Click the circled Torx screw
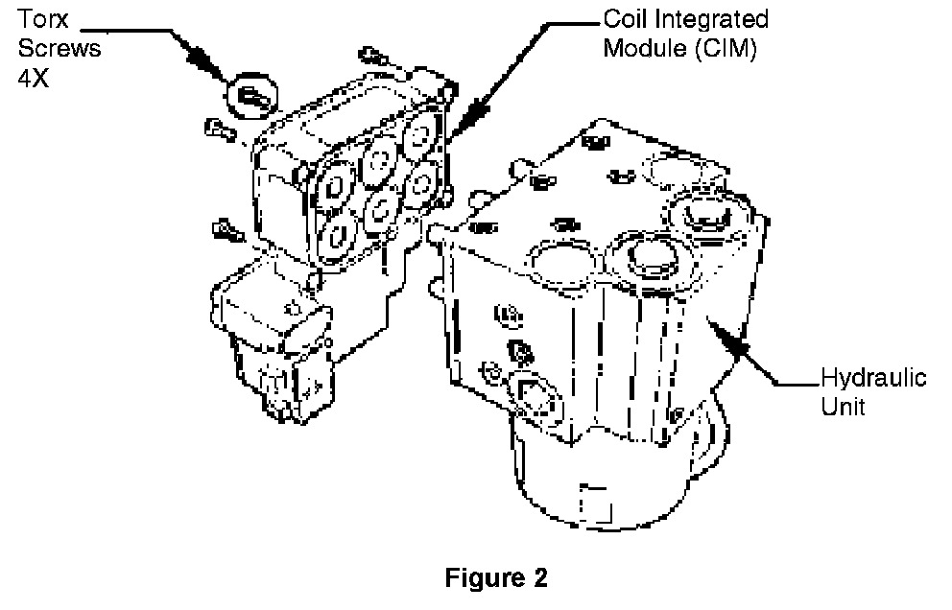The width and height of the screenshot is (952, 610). (x=250, y=94)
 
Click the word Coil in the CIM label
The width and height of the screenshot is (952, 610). (x=625, y=19)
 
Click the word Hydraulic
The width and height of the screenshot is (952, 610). (x=874, y=378)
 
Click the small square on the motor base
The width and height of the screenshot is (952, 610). (x=597, y=502)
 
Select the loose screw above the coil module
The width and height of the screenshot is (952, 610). (x=373, y=57)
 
